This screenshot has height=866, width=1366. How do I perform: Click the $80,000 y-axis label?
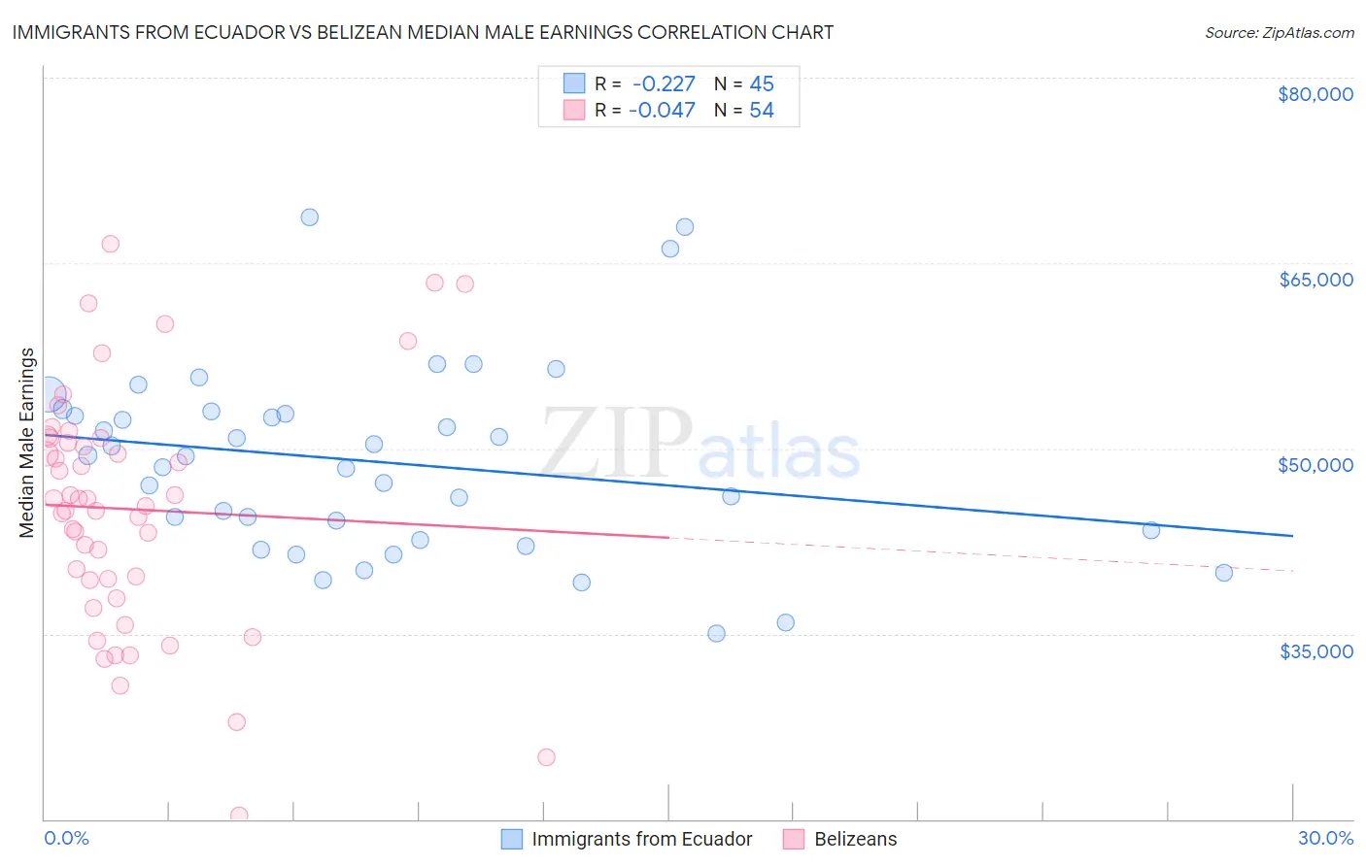tap(1315, 94)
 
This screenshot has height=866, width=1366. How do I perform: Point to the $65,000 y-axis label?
tap(1315, 280)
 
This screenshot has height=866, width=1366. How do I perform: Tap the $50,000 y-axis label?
tap(1315, 465)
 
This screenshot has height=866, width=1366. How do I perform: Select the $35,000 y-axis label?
tap(1315, 650)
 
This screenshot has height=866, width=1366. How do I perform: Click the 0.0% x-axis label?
tap(66, 838)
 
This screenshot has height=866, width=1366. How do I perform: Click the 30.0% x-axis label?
tap(1325, 838)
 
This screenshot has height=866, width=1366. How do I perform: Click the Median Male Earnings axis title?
tap(27, 443)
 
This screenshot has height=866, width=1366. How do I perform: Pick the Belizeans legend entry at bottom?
tap(855, 839)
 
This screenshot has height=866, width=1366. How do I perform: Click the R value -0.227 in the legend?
tap(664, 83)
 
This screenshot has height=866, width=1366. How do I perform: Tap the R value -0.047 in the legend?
tap(662, 111)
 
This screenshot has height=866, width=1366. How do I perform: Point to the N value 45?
tap(762, 83)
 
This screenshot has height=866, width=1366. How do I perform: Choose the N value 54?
tap(762, 111)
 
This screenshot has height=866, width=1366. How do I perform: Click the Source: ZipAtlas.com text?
tap(1279, 33)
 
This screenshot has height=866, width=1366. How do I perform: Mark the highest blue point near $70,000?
tap(309, 216)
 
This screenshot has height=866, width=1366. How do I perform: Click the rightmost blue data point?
tap(1223, 573)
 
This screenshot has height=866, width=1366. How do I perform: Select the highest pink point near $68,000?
tap(110, 244)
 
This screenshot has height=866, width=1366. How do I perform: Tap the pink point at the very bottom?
tap(239, 816)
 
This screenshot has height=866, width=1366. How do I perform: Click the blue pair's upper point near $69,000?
tap(684, 227)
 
